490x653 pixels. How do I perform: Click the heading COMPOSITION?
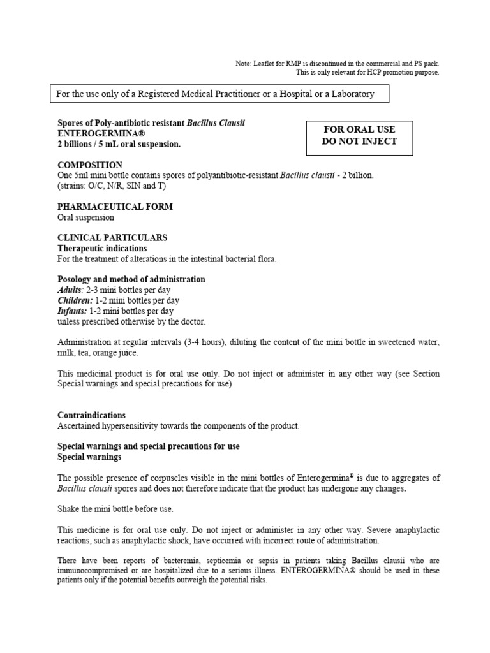pos(90,165)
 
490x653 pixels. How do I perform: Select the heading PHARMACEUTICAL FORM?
pos(115,207)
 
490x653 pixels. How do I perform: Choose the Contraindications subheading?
pos(91,415)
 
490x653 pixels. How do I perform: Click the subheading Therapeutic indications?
pos(102,248)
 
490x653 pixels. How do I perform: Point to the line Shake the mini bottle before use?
pos(115,508)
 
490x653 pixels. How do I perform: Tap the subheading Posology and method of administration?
pos(131,279)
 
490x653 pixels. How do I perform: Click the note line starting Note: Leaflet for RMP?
pos(337,64)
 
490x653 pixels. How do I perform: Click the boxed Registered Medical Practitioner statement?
pos(215,94)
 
